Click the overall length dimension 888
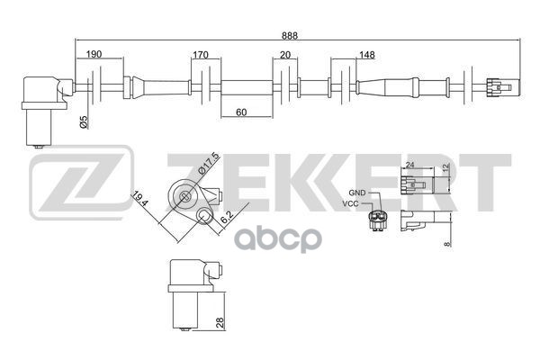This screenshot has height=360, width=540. (289, 35)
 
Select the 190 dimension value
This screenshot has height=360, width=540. (94, 55)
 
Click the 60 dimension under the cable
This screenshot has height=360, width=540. (242, 112)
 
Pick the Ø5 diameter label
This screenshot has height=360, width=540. (84, 123)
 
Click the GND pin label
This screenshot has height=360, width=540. (355, 193)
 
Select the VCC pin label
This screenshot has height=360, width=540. (355, 205)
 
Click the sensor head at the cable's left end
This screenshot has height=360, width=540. (41, 103)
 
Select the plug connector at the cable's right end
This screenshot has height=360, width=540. (497, 87)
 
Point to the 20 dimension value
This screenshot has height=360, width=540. (285, 55)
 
